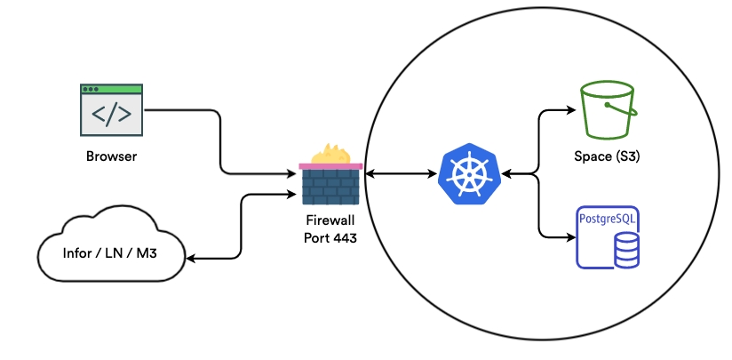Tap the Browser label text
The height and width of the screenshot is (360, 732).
coord(111,157)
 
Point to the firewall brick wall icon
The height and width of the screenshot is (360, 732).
coord(330,186)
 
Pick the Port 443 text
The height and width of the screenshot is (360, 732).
coord(330,238)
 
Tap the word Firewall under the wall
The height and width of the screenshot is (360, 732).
coord(330,222)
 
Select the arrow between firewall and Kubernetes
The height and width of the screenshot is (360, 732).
coord(400,174)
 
